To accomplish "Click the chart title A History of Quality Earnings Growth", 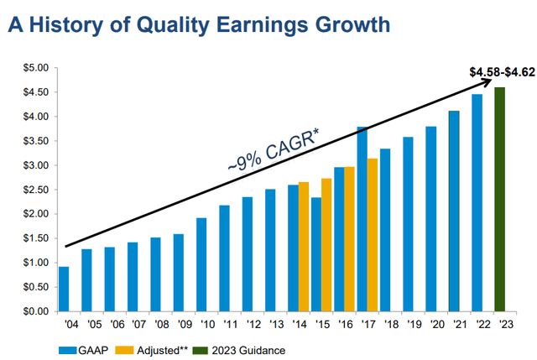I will (x=199, y=24).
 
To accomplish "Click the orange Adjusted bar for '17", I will (x=349, y=234).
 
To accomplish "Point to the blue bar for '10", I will (x=201, y=264).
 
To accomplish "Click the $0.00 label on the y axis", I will (x=35, y=310).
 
